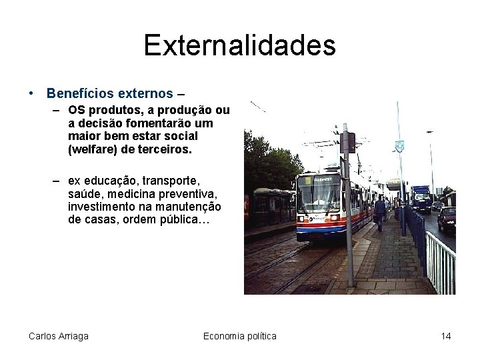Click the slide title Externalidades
239,45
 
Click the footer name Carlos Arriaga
59,336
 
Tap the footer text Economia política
239,336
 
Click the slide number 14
445,336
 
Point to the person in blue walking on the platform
380,212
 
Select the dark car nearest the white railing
447,219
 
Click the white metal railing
440,260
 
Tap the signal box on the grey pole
347,143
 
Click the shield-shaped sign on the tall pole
399,147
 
